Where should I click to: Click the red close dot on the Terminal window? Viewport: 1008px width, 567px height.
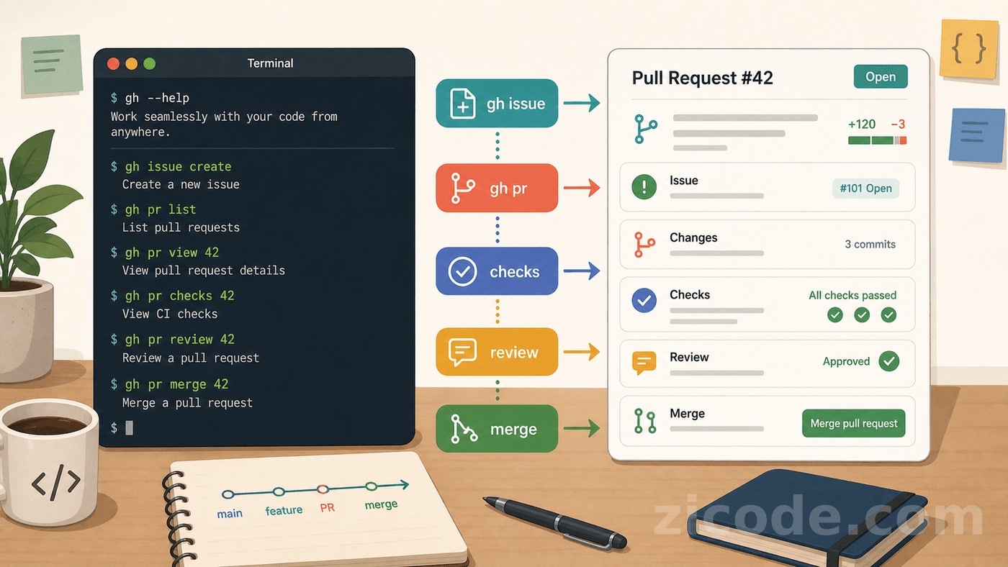coord(114,64)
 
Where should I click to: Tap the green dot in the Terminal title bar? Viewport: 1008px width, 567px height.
coord(150,64)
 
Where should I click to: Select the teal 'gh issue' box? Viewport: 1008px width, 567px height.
coord(497,104)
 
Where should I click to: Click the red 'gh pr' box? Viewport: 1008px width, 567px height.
coord(497,188)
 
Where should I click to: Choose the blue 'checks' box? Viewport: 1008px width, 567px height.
coord(497,271)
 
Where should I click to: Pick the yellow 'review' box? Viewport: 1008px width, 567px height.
coord(497,352)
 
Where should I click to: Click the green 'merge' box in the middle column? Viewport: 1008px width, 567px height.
coord(497,429)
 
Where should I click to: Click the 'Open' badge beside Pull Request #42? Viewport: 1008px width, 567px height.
coord(881,76)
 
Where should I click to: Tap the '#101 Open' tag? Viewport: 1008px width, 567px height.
coord(865,188)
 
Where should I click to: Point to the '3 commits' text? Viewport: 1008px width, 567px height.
coord(870,244)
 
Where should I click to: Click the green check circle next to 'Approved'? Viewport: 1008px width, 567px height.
coord(888,361)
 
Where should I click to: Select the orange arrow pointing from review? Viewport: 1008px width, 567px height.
coord(582,352)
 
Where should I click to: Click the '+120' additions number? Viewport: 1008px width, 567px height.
coord(862,124)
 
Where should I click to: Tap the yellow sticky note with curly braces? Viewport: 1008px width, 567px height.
coord(969,48)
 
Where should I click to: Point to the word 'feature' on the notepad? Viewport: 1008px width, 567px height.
coord(284,510)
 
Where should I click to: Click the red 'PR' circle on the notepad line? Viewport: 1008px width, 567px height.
coord(323,489)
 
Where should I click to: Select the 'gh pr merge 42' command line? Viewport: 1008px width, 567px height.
coord(170,384)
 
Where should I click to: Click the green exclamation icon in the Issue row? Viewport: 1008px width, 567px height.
coord(644,186)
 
